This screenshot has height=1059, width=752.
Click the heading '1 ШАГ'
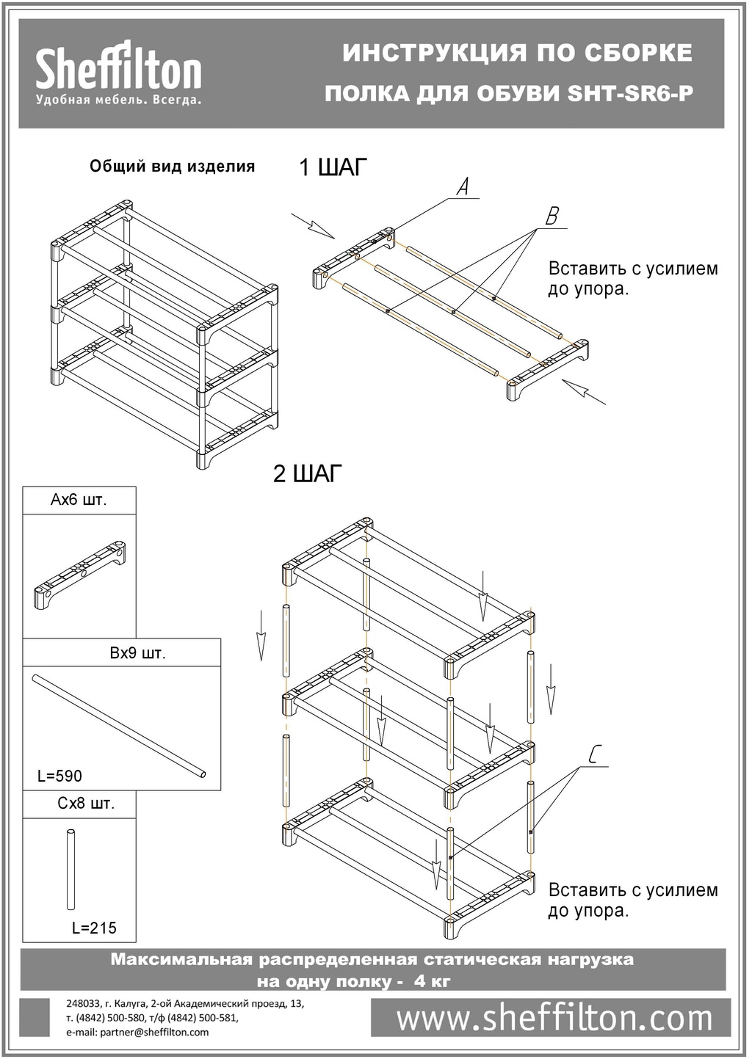(332, 168)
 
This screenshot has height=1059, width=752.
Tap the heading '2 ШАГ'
(308, 474)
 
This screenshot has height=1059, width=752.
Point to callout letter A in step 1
(463, 187)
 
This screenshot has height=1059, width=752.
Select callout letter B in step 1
(552, 216)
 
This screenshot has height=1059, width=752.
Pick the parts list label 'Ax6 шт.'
(79, 501)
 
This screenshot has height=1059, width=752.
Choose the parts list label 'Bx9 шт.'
(138, 653)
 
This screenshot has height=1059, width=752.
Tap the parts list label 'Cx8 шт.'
(86, 804)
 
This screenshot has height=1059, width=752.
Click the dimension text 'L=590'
(60, 776)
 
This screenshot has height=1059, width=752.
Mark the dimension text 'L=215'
(94, 928)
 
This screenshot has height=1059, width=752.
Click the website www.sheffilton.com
(554, 1019)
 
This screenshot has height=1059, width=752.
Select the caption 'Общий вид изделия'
(172, 167)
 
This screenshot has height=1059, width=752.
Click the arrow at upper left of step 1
(312, 225)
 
